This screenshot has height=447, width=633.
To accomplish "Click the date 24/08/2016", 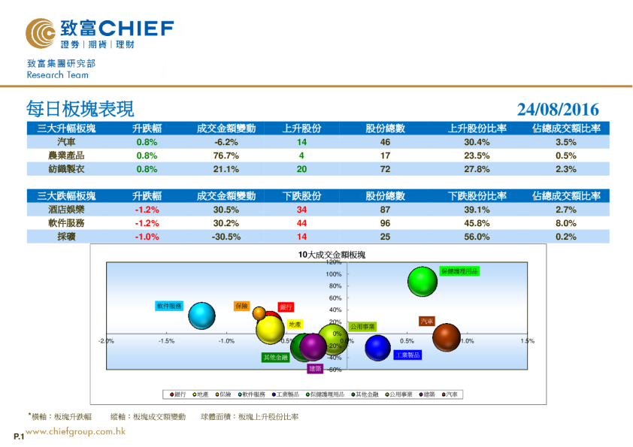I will click(558, 110).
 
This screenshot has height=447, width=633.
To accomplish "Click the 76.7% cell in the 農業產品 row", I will click(226, 156).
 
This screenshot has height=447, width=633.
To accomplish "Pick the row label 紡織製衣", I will click(65, 169).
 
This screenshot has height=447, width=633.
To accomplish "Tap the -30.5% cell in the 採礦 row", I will click(226, 237).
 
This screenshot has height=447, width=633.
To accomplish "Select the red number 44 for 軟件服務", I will click(301, 223).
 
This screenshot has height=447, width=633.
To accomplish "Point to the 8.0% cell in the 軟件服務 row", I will click(565, 223).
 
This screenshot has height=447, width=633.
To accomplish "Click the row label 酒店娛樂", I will click(65, 210).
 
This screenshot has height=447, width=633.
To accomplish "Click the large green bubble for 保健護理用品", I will click(423, 282).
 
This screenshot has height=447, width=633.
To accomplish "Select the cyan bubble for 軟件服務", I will click(201, 316).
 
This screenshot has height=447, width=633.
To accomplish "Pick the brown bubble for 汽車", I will click(446, 337).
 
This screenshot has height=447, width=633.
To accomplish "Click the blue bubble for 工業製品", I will click(377, 347).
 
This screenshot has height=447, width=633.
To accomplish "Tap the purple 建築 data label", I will click(315, 369).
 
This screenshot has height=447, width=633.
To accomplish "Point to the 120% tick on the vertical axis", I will click(334, 262).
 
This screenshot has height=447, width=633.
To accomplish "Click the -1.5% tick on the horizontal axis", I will click(166, 341).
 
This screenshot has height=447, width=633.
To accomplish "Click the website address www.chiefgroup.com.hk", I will click(75, 432).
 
